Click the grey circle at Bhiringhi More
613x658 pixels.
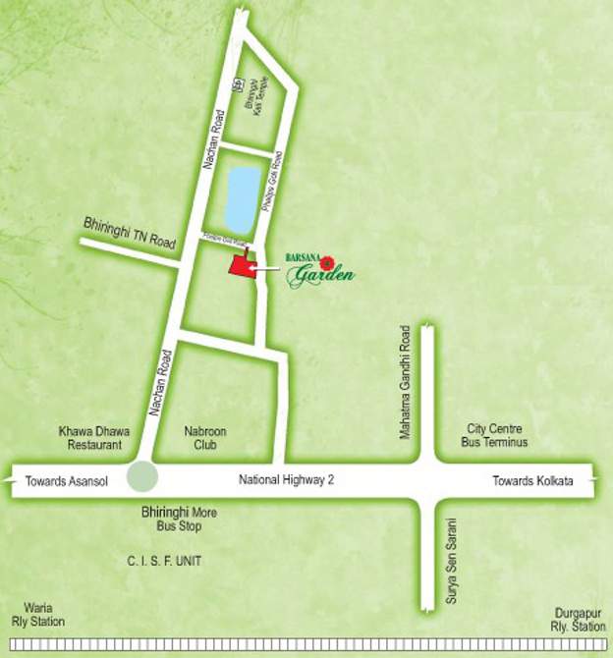point(143,476)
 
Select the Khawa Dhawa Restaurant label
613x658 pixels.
point(88,436)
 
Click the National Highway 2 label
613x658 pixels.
point(287,479)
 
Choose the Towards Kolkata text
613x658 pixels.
point(530,480)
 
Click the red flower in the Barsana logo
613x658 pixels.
point(328,260)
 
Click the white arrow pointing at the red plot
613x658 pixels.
point(265,266)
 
